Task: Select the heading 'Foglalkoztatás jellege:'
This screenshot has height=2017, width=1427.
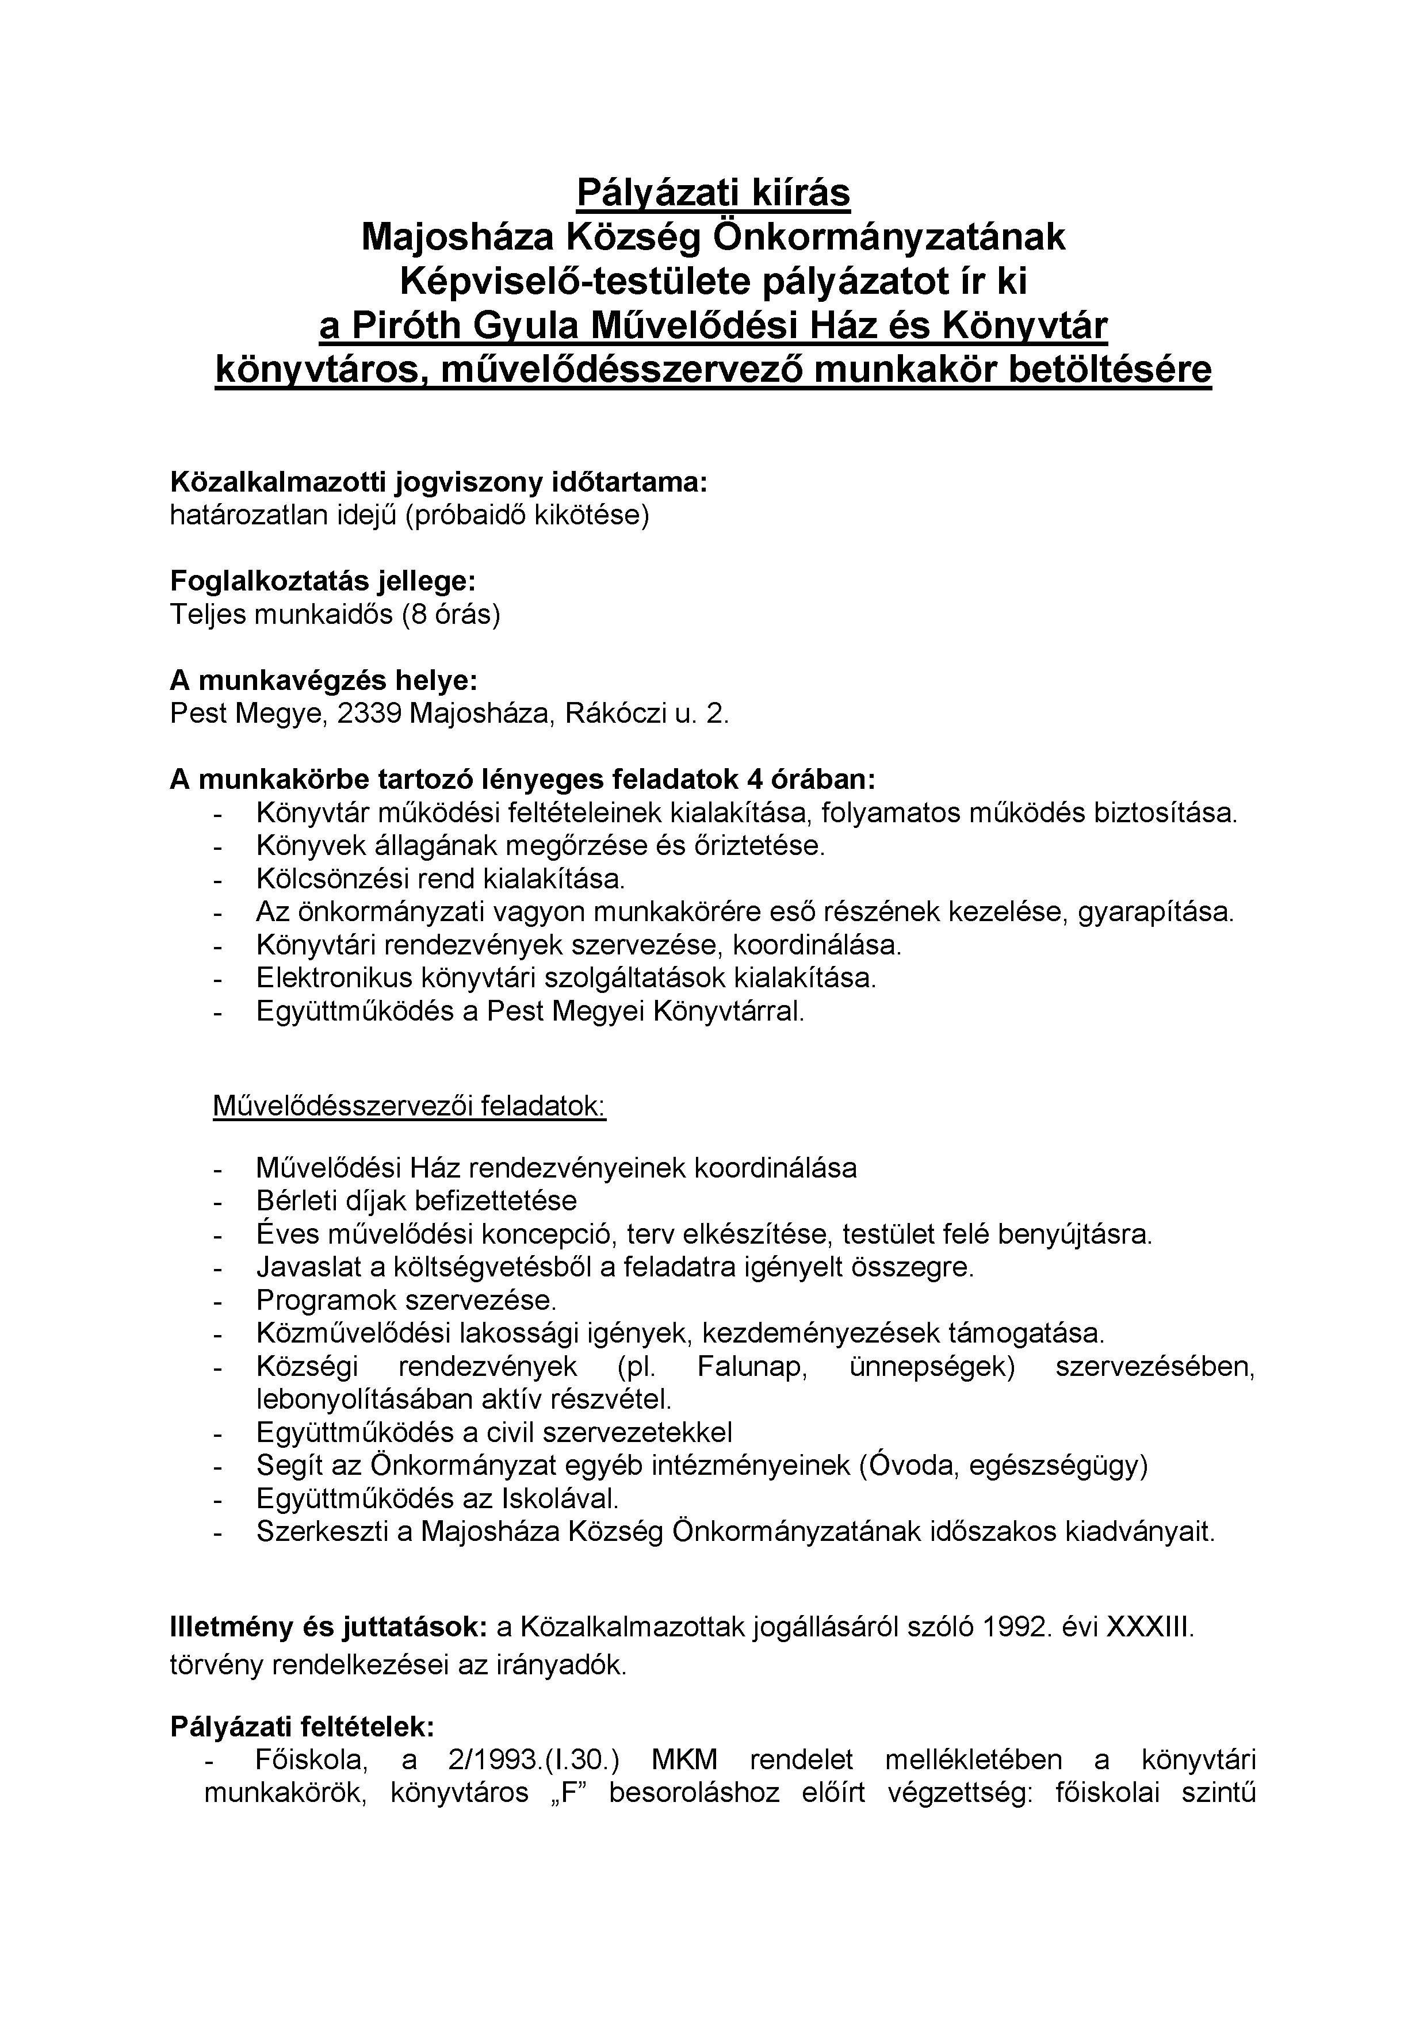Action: point(323,581)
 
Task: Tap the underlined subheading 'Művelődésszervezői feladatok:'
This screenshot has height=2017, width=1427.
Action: point(410,1105)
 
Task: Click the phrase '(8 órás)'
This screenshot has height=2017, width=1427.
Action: point(451,614)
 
